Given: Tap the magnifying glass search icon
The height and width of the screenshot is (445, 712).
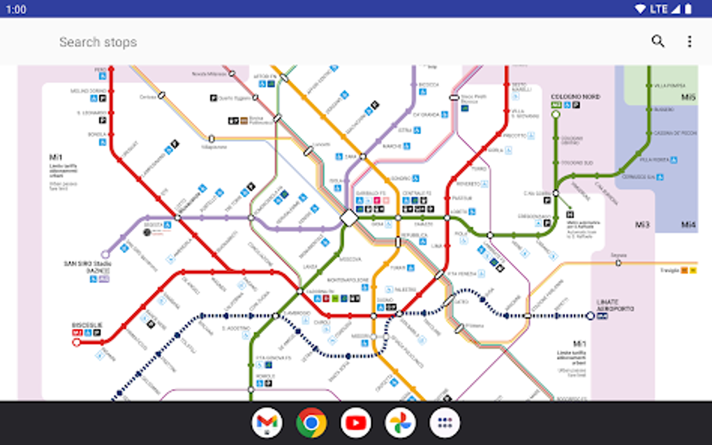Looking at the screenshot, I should (x=658, y=41).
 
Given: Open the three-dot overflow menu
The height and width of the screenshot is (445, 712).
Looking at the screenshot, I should (x=689, y=41).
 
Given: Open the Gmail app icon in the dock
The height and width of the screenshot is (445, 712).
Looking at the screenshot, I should (x=267, y=423).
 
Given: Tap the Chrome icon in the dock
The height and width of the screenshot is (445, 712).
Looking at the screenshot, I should (x=311, y=423).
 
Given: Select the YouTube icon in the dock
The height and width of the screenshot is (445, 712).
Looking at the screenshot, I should (x=356, y=423).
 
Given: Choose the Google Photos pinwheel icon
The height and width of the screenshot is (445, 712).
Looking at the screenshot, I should (x=401, y=423).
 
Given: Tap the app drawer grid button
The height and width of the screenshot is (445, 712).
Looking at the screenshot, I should (x=445, y=423).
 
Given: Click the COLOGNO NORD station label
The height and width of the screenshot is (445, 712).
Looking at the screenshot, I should (x=575, y=97).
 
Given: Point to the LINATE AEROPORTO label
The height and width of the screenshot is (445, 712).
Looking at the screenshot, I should (x=615, y=305).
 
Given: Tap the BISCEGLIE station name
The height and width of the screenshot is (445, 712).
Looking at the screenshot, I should (x=87, y=325).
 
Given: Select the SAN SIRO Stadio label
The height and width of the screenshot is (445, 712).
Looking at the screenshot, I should (x=88, y=264).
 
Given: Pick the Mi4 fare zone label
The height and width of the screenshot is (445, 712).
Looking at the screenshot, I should (x=688, y=224).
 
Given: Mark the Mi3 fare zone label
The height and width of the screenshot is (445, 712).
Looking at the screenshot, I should (x=642, y=224).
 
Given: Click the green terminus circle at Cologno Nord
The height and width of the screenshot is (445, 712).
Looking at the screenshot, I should (x=556, y=115).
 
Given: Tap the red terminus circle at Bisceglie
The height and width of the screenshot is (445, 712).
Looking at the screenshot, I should (x=77, y=342).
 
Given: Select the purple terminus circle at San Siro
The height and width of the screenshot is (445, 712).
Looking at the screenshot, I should (x=105, y=255).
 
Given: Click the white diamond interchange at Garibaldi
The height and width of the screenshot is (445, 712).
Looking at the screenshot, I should (x=349, y=218).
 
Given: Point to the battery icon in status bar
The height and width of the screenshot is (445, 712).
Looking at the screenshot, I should (x=688, y=8).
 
